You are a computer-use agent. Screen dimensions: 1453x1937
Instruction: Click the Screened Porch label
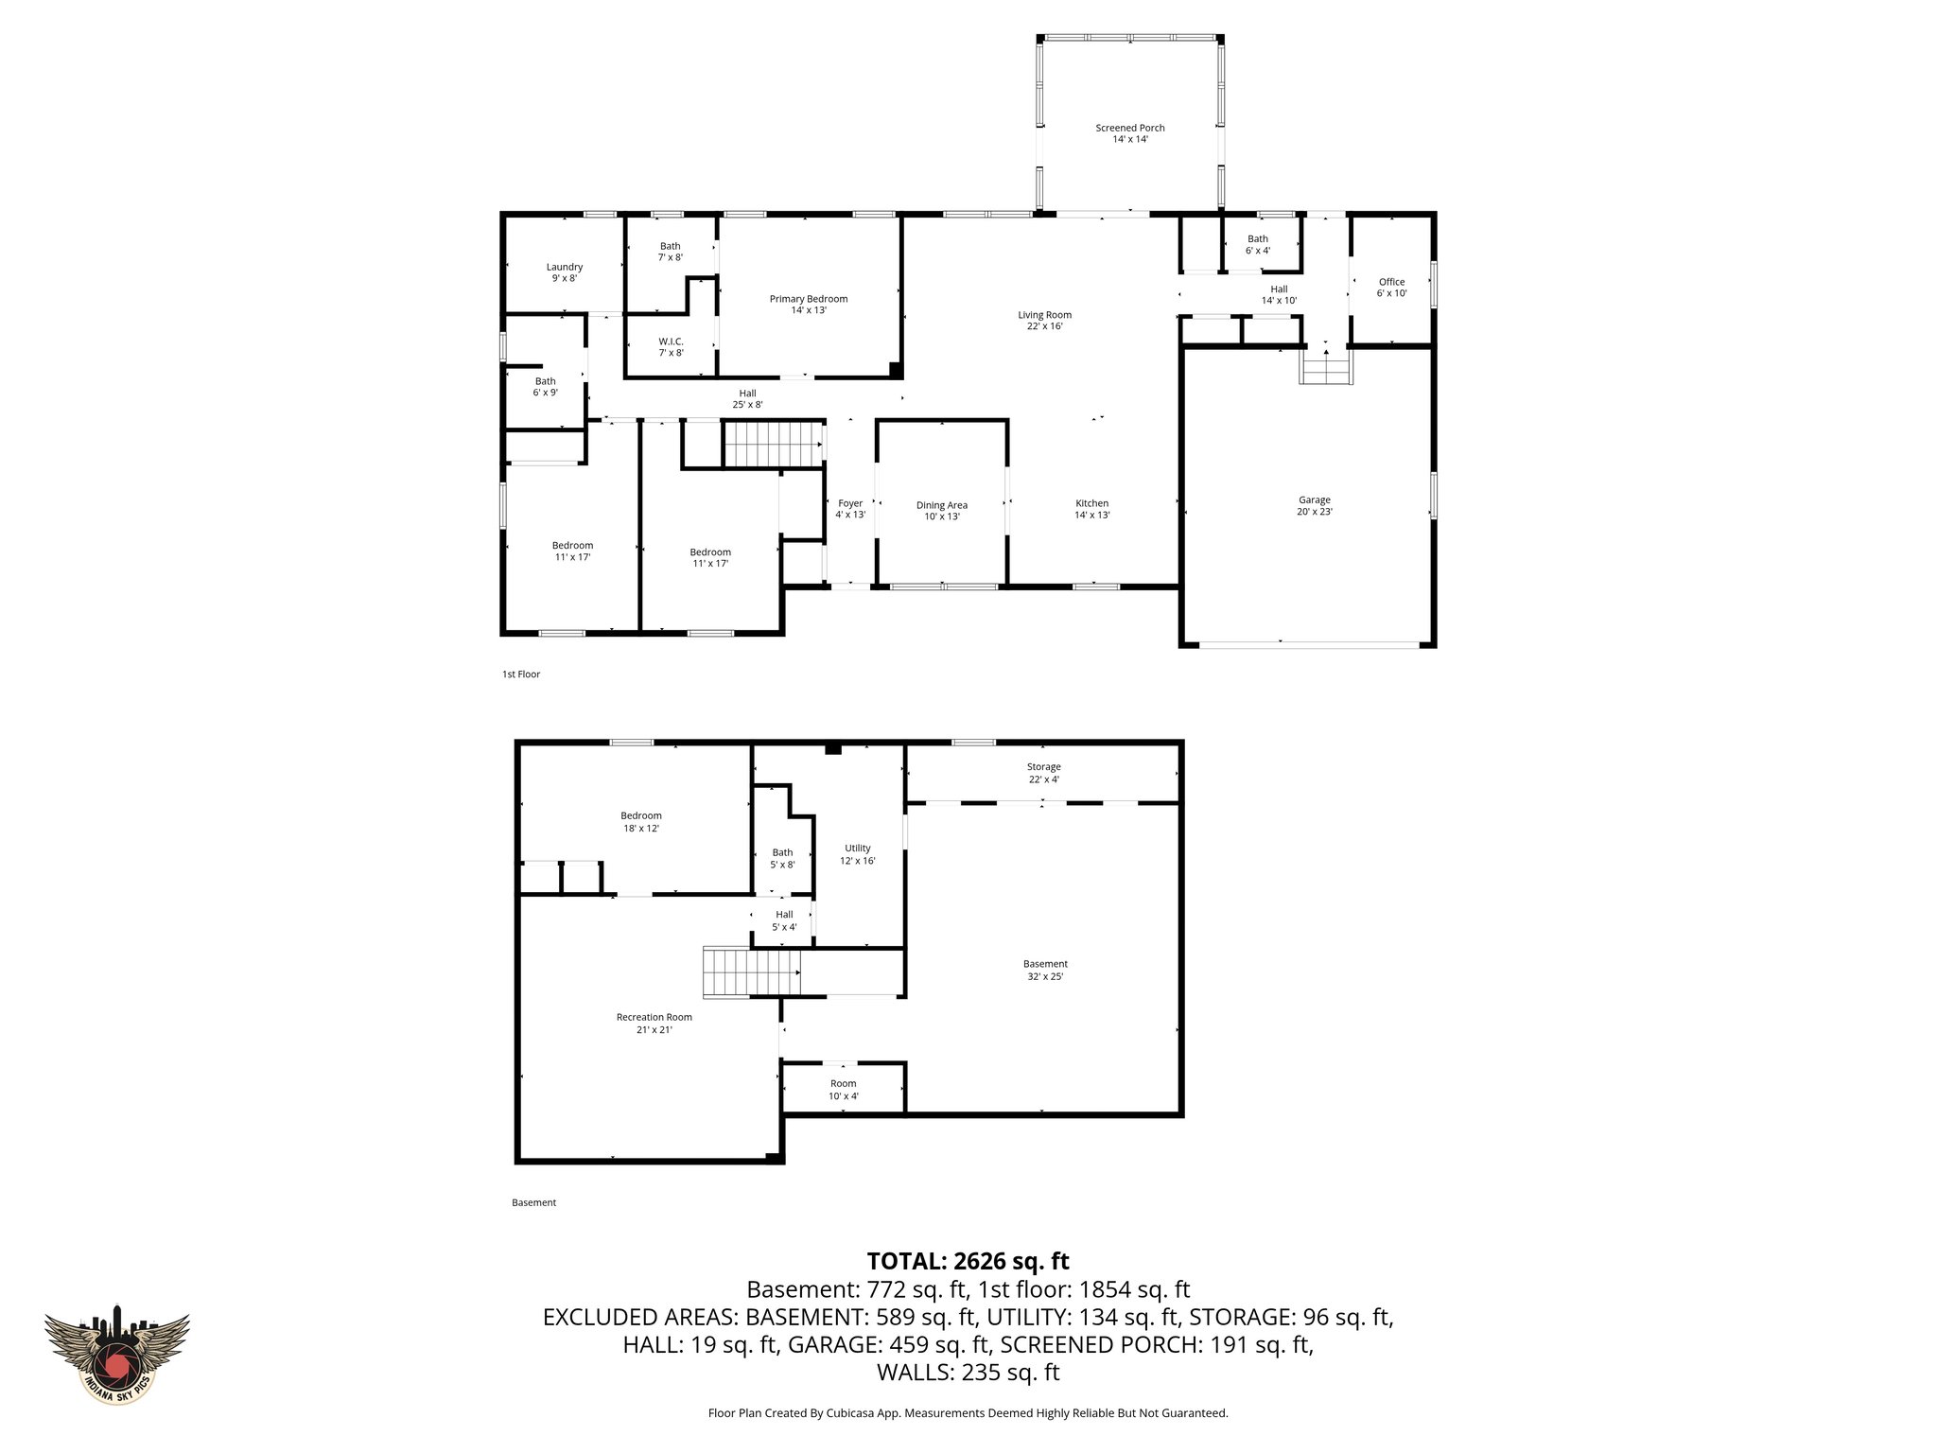1129,133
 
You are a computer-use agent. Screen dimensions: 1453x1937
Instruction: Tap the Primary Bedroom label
808,304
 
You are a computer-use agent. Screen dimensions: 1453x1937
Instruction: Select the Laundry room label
564,272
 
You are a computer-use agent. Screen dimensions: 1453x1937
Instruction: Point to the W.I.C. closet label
671,346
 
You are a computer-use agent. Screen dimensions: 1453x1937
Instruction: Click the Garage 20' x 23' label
1314,505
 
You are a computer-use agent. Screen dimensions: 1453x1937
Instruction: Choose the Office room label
1391,287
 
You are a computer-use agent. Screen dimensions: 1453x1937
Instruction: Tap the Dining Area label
941,511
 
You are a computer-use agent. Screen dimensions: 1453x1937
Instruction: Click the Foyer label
849,509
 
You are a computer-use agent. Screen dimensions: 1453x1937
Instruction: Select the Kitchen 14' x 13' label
1091,509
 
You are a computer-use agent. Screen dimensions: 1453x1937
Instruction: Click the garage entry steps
1324,366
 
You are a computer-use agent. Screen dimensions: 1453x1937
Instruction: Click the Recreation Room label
654,1024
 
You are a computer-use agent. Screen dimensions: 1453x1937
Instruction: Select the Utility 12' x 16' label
857,854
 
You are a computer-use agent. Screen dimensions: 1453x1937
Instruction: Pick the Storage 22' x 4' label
1043,773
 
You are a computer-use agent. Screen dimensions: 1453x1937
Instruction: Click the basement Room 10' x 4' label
843,1090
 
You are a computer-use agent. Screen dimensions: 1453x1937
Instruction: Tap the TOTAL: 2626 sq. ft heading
968,1261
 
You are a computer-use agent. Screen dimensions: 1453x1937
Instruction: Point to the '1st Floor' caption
520,674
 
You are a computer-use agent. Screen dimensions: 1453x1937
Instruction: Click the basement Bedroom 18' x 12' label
640,821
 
